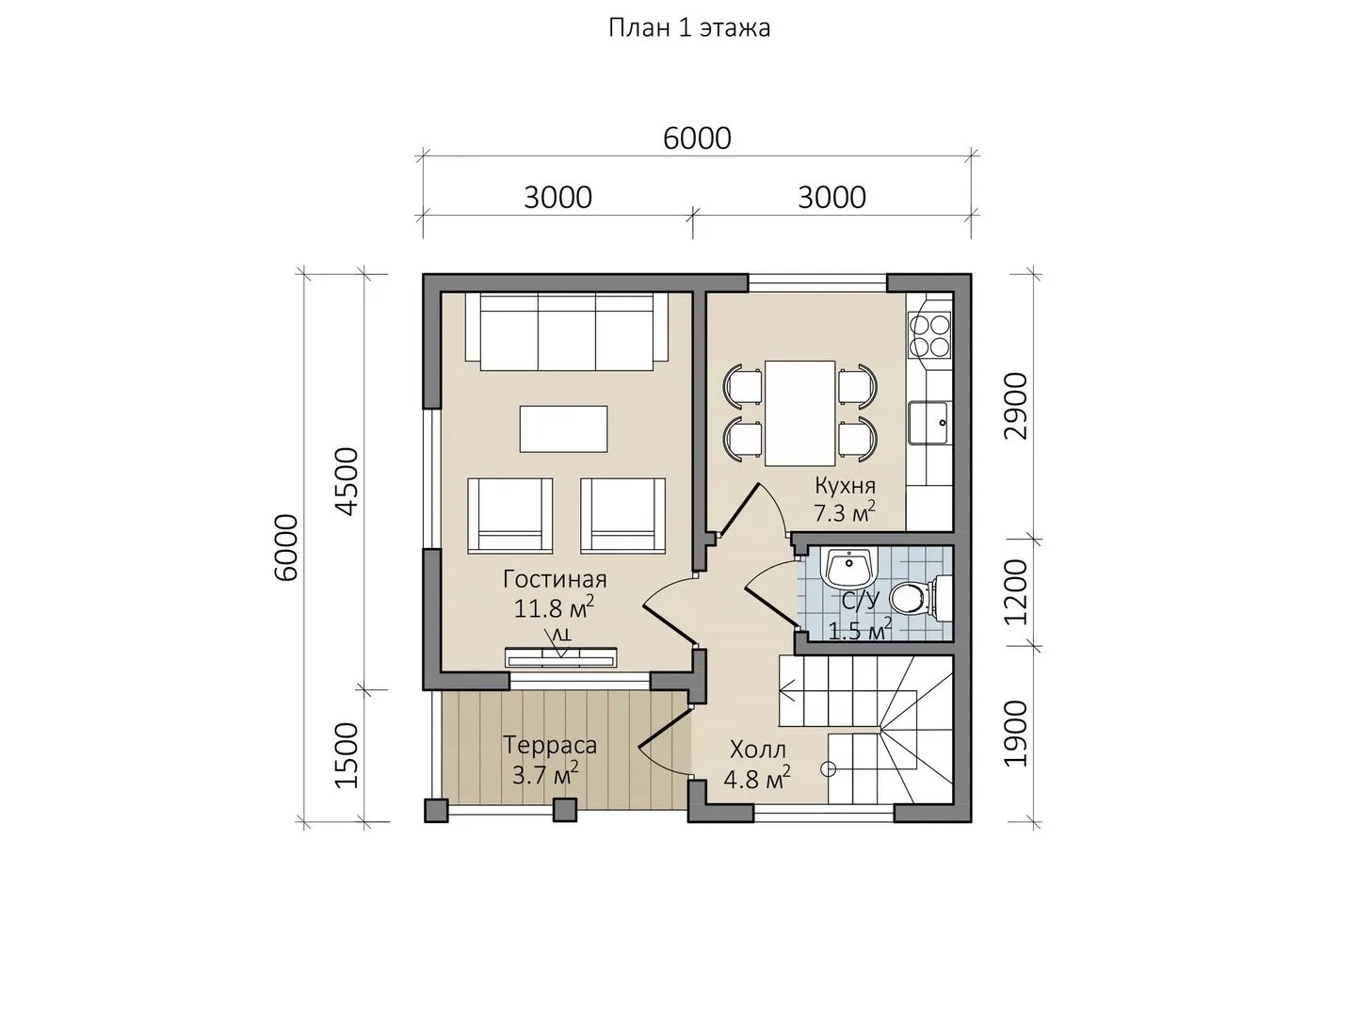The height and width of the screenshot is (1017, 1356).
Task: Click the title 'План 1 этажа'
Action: point(689,28)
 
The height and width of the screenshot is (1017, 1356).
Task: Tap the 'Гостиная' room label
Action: point(554,579)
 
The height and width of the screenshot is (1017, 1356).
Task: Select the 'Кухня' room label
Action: point(845,486)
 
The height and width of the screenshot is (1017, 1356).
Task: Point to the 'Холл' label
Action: point(757,751)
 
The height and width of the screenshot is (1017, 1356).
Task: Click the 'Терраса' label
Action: point(550,745)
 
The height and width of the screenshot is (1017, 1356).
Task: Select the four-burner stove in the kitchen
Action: point(929,336)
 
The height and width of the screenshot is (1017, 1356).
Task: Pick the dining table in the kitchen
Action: point(800,413)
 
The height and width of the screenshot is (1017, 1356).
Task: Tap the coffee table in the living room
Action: point(563,428)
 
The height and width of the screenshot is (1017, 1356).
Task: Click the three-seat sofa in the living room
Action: point(567,331)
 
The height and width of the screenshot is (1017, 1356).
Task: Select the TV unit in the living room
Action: point(561,657)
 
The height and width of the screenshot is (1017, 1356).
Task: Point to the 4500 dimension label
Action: point(347,481)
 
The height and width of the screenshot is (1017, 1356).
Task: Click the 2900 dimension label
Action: point(1015,406)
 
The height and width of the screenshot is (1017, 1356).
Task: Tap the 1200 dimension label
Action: point(1015,593)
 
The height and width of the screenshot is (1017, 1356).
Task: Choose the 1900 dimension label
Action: point(1015,734)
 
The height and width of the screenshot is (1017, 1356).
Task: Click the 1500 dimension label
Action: point(347,755)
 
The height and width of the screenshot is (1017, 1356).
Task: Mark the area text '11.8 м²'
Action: point(554,608)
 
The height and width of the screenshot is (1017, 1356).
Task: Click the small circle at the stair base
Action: point(828,768)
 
